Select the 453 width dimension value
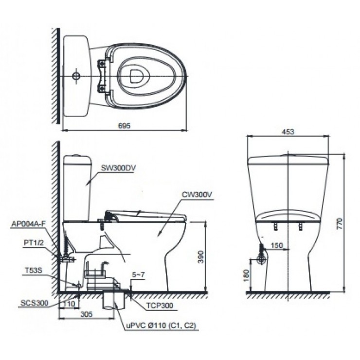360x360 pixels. tap(288, 131)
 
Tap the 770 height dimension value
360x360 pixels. tap(340, 223)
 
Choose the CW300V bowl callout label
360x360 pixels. tap(198, 196)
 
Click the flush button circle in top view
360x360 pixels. tap(76, 76)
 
